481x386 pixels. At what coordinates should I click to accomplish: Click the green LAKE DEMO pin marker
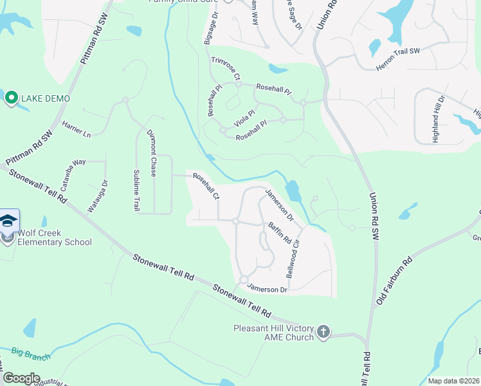tap(11, 98)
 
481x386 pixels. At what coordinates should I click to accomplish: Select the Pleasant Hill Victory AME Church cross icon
tap(323, 332)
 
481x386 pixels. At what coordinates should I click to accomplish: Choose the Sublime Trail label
tap(136, 190)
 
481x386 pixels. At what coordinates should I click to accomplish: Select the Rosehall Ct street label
tap(206, 187)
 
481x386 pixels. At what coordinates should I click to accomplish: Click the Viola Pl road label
tap(244, 117)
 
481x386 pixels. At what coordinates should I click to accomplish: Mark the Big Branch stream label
tap(29, 353)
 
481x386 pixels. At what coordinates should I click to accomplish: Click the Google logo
tap(21, 378)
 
